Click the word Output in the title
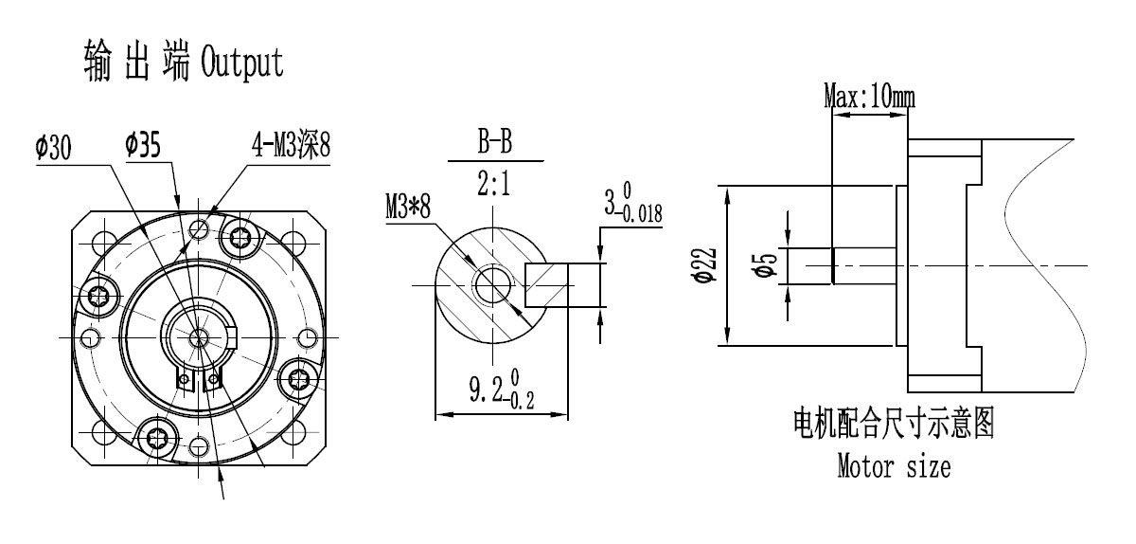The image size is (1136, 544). pos(241,63)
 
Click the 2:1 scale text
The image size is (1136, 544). pos(494,184)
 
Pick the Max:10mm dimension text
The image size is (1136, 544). pos(870,96)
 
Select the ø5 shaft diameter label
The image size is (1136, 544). pos(769,265)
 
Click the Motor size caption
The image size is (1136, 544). pos(894,466)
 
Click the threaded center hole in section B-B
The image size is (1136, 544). pos(492,282)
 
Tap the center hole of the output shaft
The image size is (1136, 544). pos(200,337)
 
